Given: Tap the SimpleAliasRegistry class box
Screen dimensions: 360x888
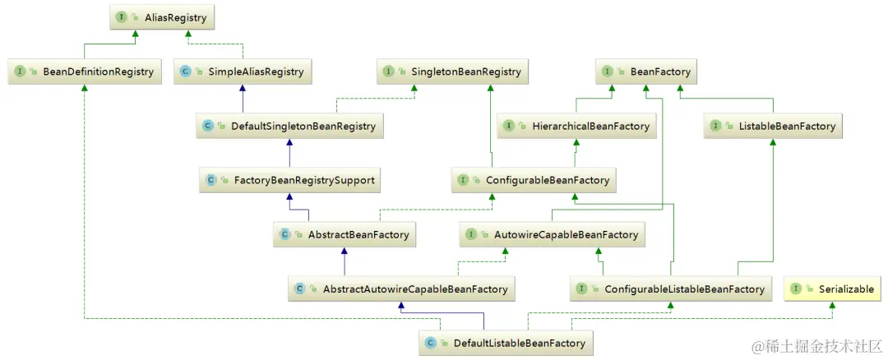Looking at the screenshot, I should pyautogui.click(x=243, y=72).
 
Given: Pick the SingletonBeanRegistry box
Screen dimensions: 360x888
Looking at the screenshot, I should pyautogui.click(x=453, y=72).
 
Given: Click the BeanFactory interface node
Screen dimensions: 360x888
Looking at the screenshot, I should pyautogui.click(x=647, y=72).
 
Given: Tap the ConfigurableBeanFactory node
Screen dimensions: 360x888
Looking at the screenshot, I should pyautogui.click(x=534, y=179).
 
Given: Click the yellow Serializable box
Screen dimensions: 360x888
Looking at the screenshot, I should pyautogui.click(x=833, y=288).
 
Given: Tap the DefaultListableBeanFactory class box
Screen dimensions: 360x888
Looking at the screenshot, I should pyautogui.click(x=506, y=343).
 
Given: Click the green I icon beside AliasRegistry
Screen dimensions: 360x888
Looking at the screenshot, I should pyautogui.click(x=121, y=16).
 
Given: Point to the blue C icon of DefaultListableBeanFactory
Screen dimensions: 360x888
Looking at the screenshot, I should pyautogui.click(x=429, y=343).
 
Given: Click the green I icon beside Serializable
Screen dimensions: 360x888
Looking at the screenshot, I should pyautogui.click(x=796, y=288).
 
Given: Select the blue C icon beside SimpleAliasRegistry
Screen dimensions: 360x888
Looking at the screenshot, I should pyautogui.click(x=186, y=72).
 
